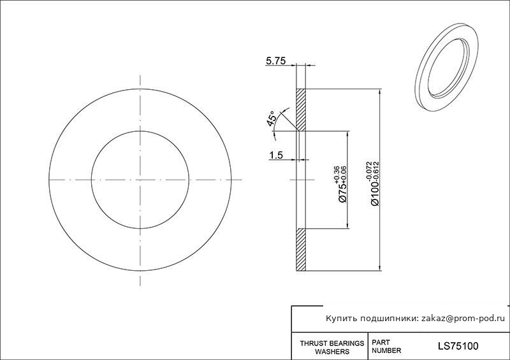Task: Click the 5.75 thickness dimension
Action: coord(276,61)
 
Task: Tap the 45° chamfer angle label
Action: coord(272,119)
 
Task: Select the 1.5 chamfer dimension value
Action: coord(276,155)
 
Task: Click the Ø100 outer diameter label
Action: coord(375,194)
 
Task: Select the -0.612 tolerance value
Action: coord(377,171)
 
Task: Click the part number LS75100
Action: coord(458,346)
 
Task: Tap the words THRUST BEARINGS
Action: coord(331,343)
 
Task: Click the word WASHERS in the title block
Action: coord(332,352)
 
